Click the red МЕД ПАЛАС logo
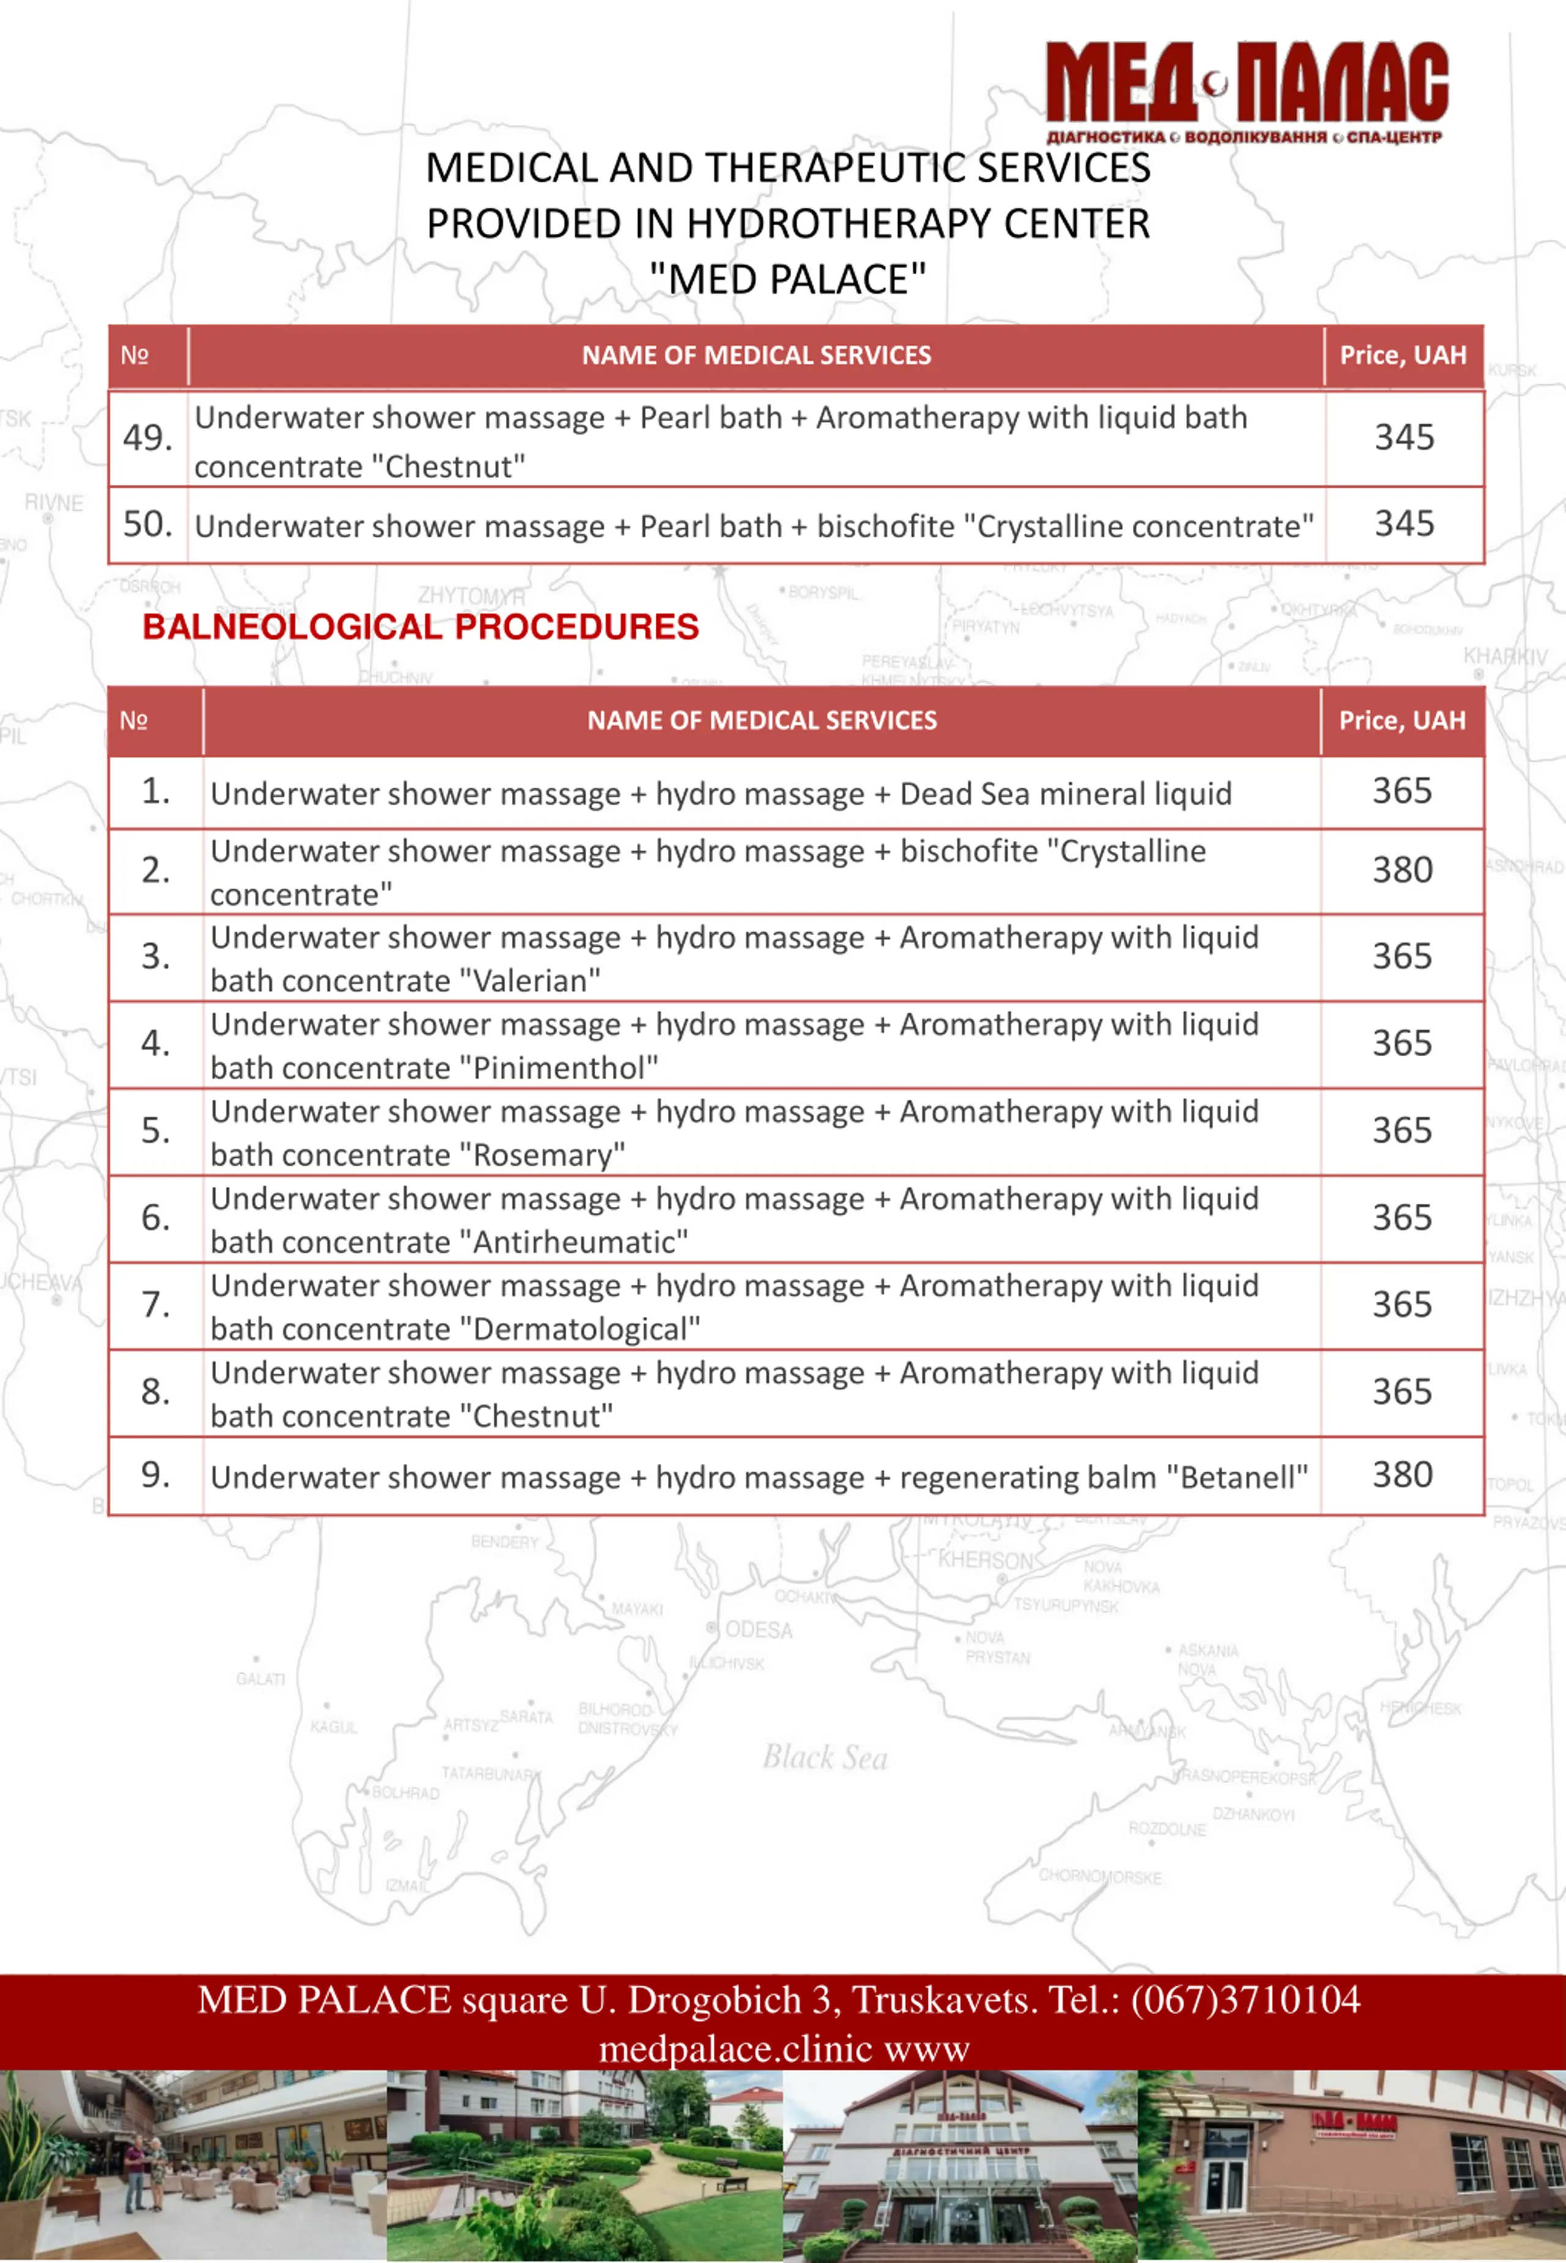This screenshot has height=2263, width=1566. point(1246,88)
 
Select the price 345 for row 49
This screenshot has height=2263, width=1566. point(1404,438)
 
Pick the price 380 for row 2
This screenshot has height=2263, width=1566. point(1402,870)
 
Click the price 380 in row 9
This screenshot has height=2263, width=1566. point(1402,1475)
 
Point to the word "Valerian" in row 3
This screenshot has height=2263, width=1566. point(530,980)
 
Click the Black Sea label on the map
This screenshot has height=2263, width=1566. point(825,1758)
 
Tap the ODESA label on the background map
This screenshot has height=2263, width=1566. point(757,1630)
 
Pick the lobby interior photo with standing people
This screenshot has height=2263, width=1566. point(193,2166)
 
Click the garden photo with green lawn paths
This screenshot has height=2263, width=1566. point(585,2166)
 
